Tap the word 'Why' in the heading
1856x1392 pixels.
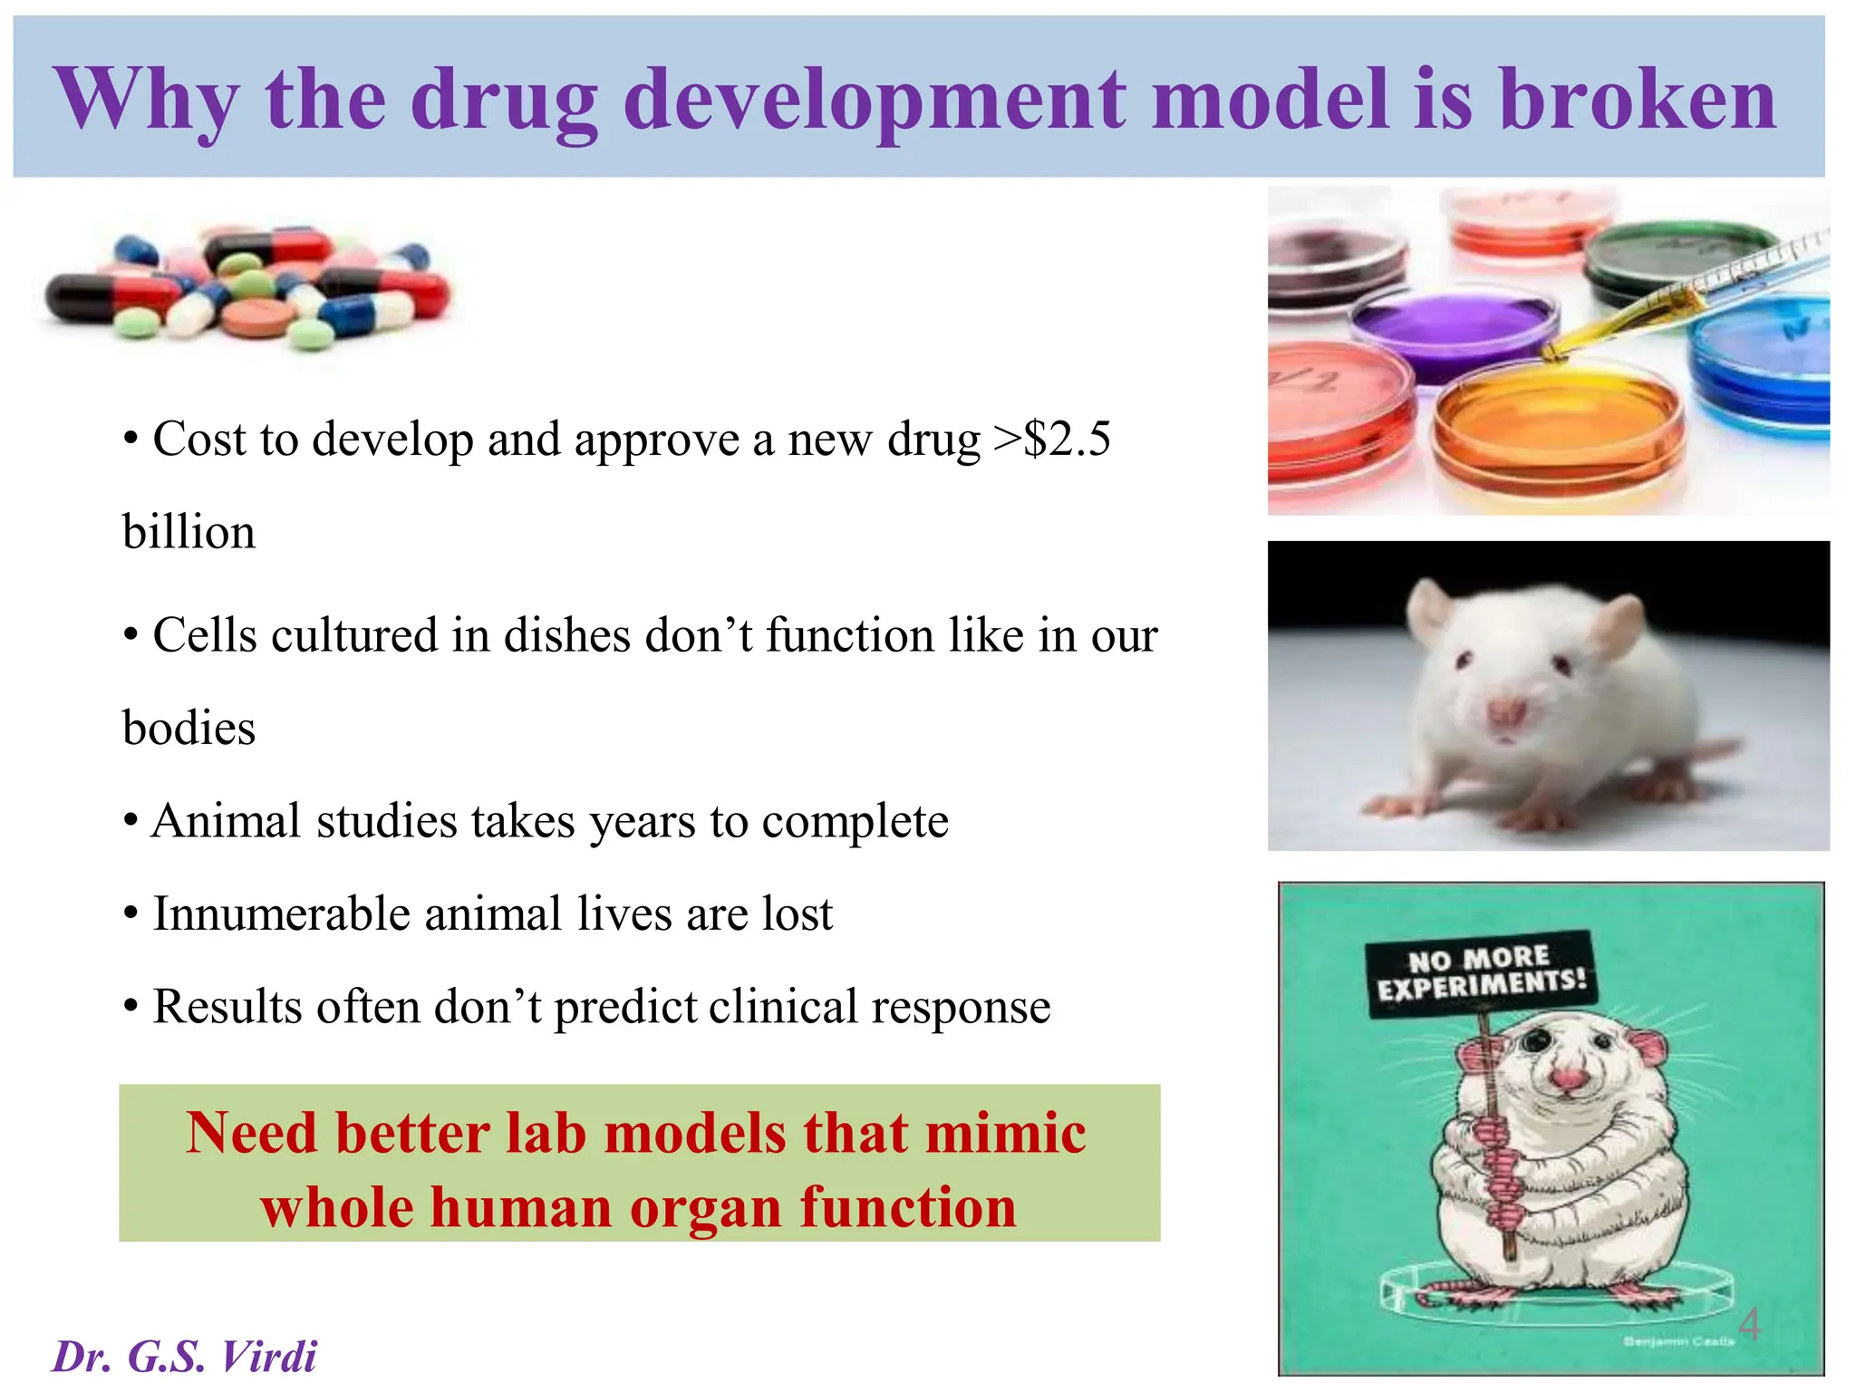click(x=147, y=101)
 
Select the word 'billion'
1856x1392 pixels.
click(x=188, y=532)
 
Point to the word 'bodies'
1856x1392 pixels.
click(x=188, y=729)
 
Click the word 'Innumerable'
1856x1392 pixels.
click(x=280, y=913)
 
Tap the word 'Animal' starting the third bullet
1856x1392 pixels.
click(x=226, y=821)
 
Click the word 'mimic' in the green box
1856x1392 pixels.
click(x=1006, y=1133)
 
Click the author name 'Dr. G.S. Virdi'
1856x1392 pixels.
click(x=184, y=1357)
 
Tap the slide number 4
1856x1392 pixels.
click(x=1749, y=1324)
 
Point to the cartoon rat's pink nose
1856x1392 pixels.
click(x=1567, y=1078)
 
